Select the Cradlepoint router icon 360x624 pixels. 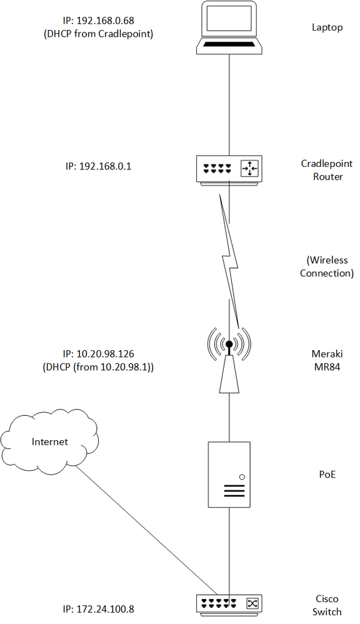(229, 170)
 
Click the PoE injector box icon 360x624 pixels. (229, 475)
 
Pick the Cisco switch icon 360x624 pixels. (229, 604)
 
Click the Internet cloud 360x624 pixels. (49, 441)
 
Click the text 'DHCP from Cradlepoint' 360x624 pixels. (98, 34)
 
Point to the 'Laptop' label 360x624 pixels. (327, 28)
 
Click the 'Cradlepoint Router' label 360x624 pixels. (327, 170)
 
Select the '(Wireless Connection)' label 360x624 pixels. (327, 266)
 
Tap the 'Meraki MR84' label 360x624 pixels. (327, 360)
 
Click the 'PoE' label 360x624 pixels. (327, 475)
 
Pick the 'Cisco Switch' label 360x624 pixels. (327, 605)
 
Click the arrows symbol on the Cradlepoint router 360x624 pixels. (249, 169)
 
